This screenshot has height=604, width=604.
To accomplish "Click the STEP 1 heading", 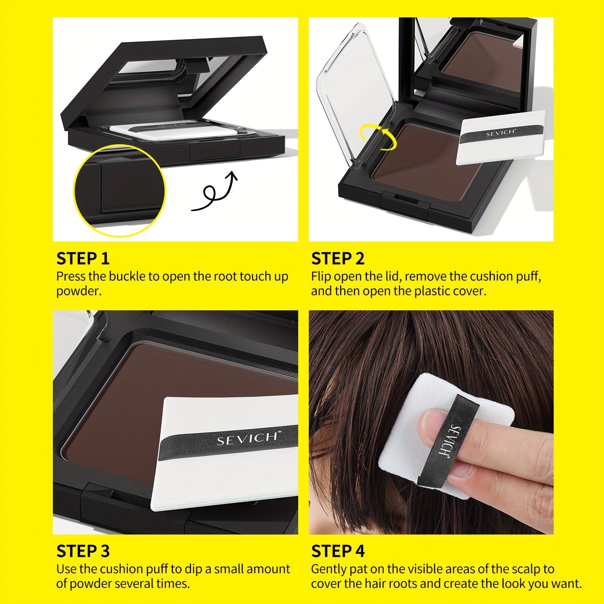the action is tap(83, 259).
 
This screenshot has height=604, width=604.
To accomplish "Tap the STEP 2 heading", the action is tap(338, 259).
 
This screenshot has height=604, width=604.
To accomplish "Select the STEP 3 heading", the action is tap(83, 551).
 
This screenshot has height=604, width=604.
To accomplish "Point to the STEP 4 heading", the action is tap(338, 551).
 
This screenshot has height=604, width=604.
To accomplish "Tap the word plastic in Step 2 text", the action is tap(431, 291).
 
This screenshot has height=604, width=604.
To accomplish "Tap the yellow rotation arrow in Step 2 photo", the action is tap(378, 137).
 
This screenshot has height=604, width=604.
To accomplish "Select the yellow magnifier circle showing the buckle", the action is tap(119, 191).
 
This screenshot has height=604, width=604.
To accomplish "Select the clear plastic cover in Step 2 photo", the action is tap(357, 94).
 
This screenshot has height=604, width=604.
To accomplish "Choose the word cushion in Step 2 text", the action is tap(489, 276).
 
